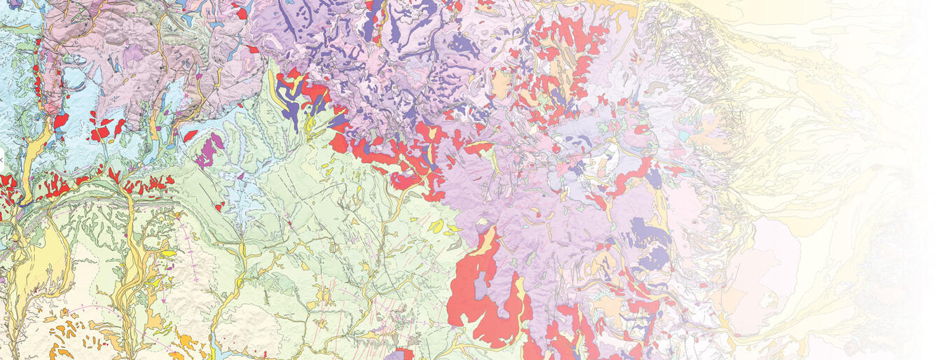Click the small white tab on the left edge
pyautogui.click(x=2, y=160)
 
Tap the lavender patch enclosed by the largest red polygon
pyautogui.click(x=481, y=287)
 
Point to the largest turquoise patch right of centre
pyautogui.click(x=683, y=135)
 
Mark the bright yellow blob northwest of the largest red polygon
pyautogui.click(x=436, y=226)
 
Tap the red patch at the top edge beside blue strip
pyautogui.click(x=242, y=13)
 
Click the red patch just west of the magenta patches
pyautogui.click(x=190, y=134)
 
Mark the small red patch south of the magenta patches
pyautogui.click(x=219, y=206)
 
